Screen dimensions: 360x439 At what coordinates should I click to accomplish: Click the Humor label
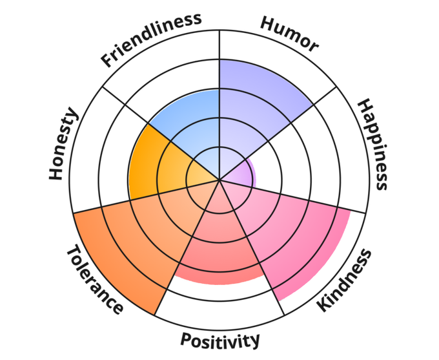point(289,32)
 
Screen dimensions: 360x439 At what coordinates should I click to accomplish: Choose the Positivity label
point(220,339)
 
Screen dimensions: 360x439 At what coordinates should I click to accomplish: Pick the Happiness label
point(373,145)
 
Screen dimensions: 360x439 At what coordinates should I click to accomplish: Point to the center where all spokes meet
point(219,179)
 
